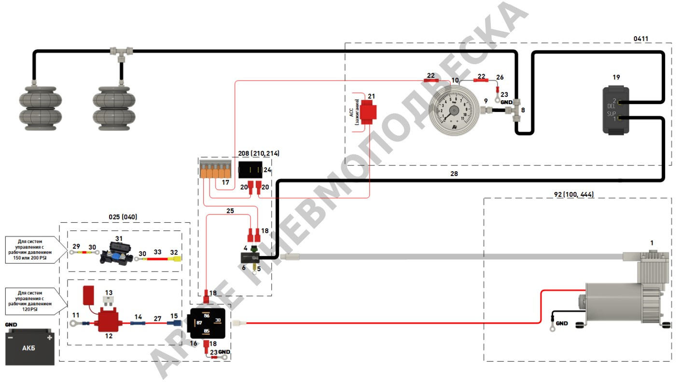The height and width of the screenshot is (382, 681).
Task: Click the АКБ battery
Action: point(29,347)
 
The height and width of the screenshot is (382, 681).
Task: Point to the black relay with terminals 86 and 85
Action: point(207,324)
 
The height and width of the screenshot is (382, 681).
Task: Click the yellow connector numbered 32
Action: point(176,259)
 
